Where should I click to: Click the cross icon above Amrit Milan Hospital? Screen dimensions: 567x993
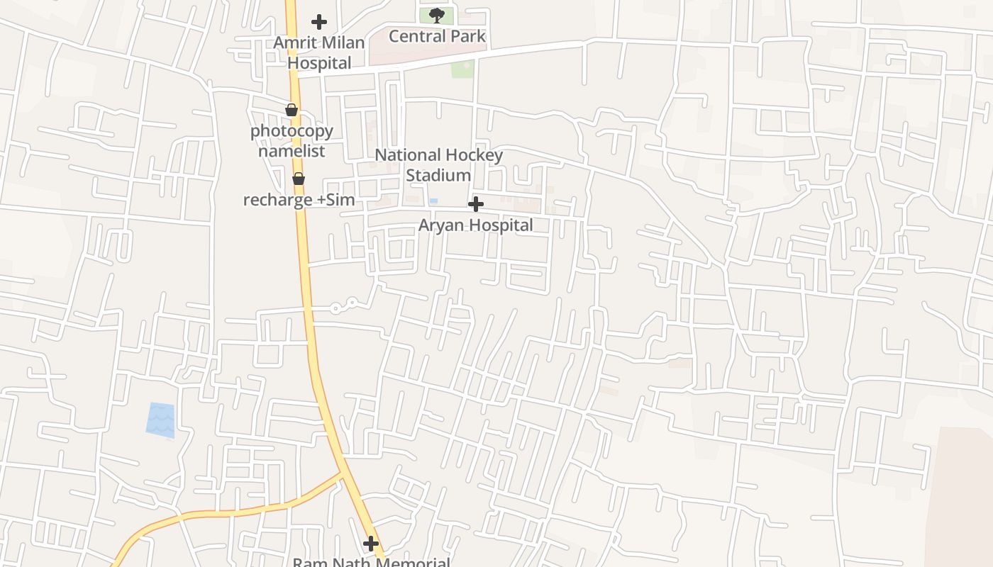click(x=319, y=22)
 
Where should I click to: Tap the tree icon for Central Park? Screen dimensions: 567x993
click(x=437, y=15)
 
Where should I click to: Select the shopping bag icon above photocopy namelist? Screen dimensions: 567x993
click(x=292, y=110)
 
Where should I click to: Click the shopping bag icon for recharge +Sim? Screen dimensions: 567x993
click(x=299, y=179)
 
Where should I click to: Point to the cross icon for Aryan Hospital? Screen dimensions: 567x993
click(x=476, y=205)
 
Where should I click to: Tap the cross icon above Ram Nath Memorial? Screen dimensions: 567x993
click(x=371, y=544)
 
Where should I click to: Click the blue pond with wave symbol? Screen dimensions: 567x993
click(x=160, y=419)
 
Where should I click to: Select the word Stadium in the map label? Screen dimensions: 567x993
click(x=438, y=175)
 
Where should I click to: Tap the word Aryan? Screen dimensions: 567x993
click(x=443, y=225)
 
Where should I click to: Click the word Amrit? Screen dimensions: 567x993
click(x=295, y=43)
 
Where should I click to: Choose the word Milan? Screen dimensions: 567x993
click(x=343, y=43)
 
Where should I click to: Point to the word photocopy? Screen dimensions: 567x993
click(x=292, y=131)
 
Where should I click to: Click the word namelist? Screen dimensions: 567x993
click(x=292, y=151)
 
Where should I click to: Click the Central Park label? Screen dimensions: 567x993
click(x=438, y=36)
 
